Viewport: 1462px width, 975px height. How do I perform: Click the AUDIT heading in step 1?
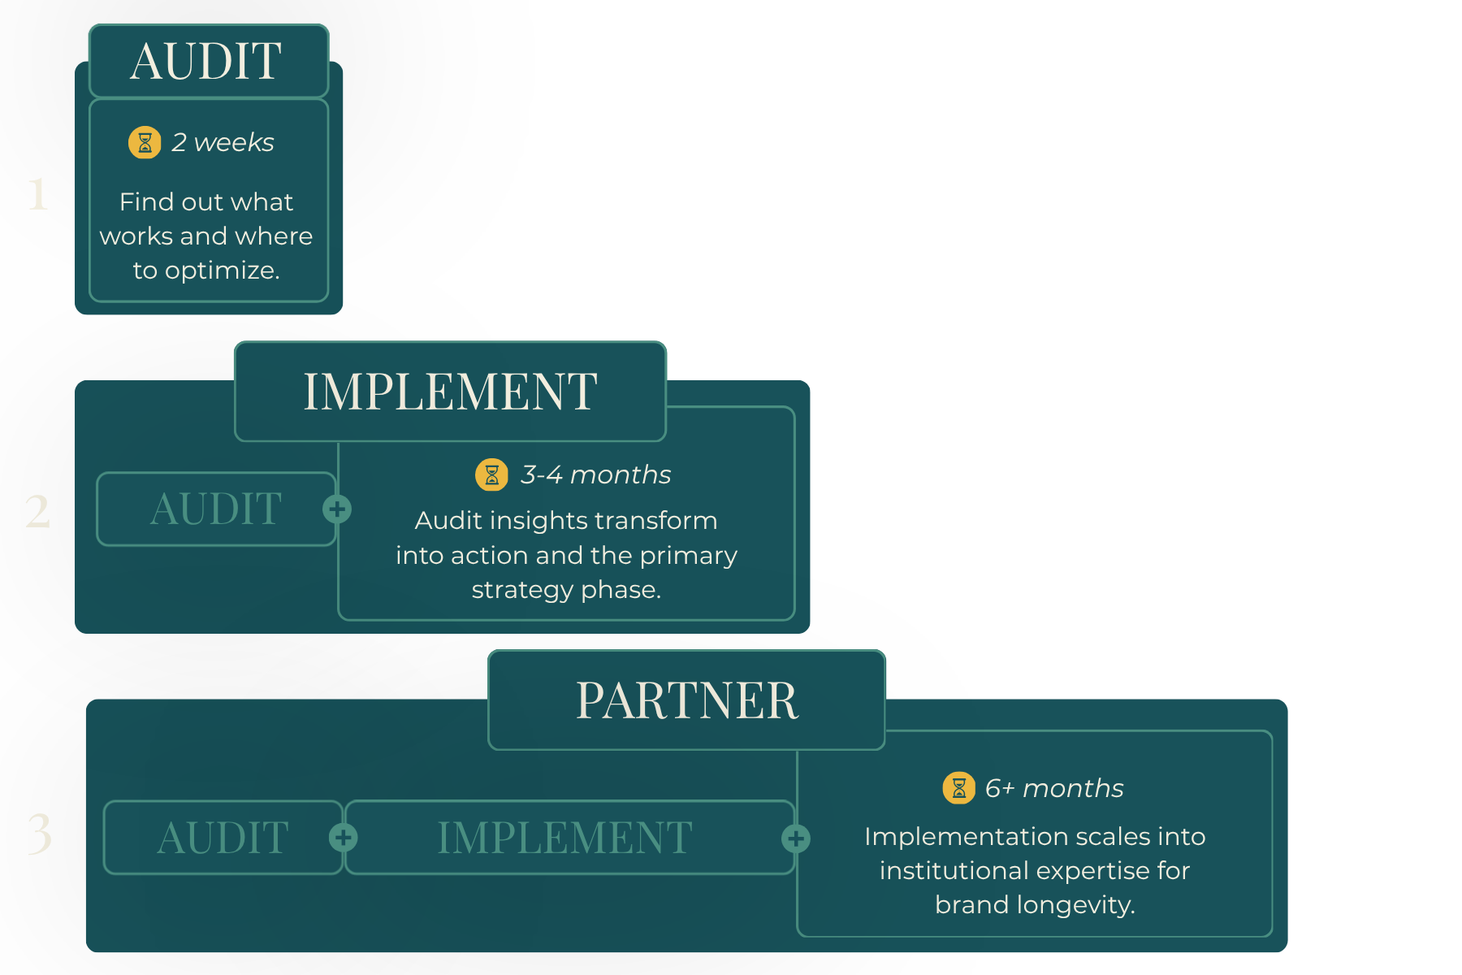click(x=206, y=61)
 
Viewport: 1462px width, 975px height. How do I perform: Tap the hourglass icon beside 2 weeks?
click(x=145, y=142)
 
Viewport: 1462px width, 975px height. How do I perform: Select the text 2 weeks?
click(x=223, y=142)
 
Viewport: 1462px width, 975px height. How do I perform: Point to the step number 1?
click(x=37, y=194)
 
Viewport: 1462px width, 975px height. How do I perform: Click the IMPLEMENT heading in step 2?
click(x=451, y=392)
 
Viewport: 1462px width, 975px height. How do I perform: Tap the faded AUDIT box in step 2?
click(x=216, y=509)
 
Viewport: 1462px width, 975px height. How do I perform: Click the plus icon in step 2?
click(x=337, y=509)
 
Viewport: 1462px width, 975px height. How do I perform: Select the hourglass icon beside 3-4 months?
click(x=491, y=475)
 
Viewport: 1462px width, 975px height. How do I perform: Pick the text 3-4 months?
click(x=596, y=474)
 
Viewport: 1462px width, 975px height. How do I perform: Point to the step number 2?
click(x=37, y=512)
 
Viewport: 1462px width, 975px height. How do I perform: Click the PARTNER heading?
click(x=687, y=700)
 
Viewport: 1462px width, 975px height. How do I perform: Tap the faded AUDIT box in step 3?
click(x=223, y=838)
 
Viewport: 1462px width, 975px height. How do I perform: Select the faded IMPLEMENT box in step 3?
click(x=569, y=838)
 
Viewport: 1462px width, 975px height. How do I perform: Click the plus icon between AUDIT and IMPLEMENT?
click(x=344, y=838)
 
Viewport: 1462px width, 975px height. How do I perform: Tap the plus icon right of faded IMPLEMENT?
click(x=796, y=838)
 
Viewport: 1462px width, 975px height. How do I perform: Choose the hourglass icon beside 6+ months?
click(x=959, y=788)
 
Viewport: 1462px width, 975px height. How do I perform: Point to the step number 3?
click(x=39, y=834)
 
